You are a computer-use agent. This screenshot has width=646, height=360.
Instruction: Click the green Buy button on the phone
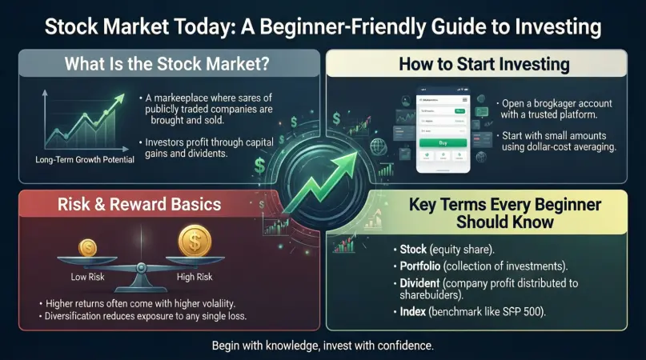click(443, 142)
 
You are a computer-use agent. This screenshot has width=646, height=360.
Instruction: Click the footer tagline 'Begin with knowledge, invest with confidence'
click(322, 346)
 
